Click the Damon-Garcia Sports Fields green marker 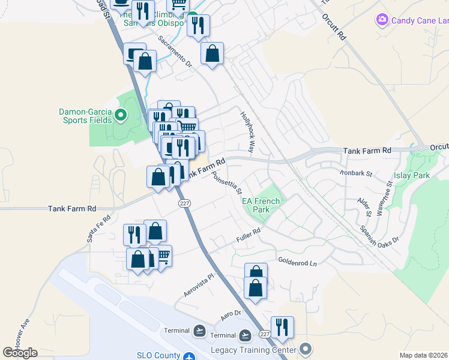121,115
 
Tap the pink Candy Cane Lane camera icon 382,21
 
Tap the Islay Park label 412,175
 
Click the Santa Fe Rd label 99,229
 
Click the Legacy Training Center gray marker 306,349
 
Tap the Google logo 20,353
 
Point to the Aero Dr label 231,314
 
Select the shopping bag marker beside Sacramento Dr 212,54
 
